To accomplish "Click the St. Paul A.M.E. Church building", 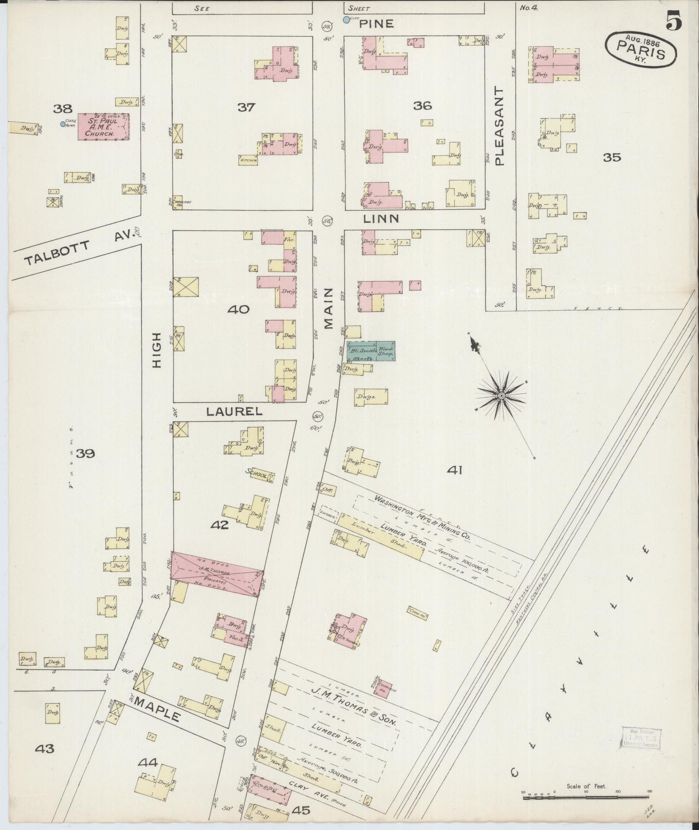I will pos(104,127).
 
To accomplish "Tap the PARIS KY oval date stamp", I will pos(641,49).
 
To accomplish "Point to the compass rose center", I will pos(502,396).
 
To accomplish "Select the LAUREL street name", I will pos(234,412).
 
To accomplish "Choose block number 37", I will pos(246,107).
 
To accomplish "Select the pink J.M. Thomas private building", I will pos(217,573).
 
